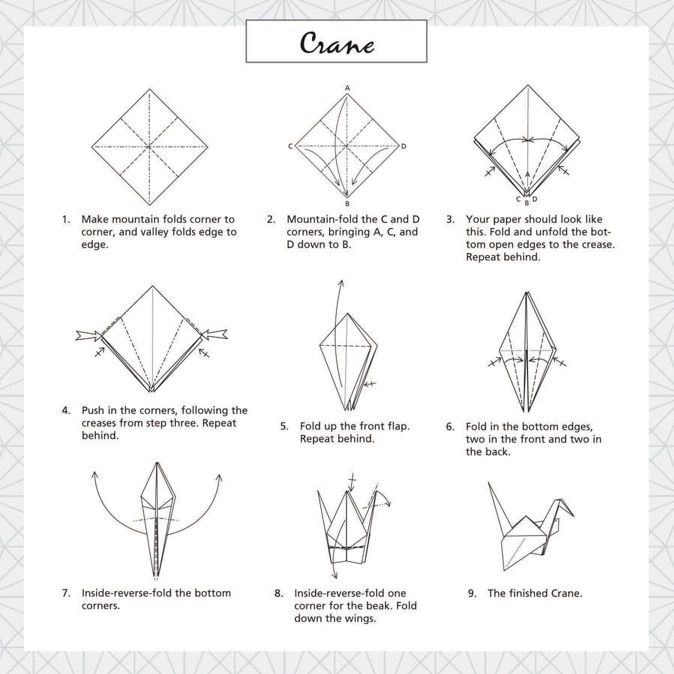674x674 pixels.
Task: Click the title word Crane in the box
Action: [x=336, y=43]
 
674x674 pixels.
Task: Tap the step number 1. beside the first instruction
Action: [x=66, y=219]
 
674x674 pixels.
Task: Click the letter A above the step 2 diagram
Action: [x=348, y=88]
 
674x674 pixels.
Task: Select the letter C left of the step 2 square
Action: [x=290, y=147]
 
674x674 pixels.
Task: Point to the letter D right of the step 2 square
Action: [x=404, y=147]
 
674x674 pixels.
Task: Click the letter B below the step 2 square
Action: [x=348, y=204]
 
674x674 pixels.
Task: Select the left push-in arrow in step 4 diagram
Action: [x=88, y=335]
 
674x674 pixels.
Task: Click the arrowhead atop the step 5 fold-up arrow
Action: [x=341, y=283]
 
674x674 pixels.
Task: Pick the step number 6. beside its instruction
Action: [x=450, y=426]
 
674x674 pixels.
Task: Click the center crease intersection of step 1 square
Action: [x=150, y=147]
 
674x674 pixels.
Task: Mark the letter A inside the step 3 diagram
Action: [x=527, y=174]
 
